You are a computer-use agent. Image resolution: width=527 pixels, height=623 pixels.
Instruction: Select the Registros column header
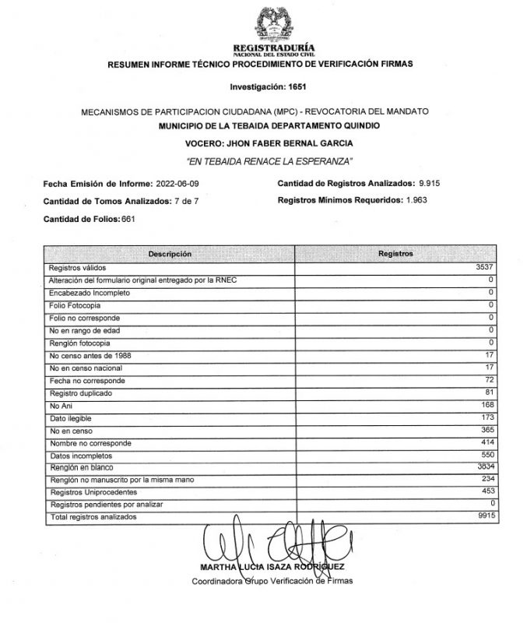click(x=395, y=255)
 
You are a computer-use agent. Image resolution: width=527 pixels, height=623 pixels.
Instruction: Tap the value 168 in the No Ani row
click(x=488, y=406)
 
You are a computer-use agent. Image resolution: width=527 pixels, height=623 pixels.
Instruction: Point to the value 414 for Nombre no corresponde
click(x=488, y=442)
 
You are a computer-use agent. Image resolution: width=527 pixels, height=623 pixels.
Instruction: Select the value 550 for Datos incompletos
click(x=488, y=454)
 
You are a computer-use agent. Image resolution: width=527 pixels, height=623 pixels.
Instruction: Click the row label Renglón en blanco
click(x=79, y=467)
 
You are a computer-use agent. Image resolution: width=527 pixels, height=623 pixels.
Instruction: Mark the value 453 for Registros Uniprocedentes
click(x=488, y=491)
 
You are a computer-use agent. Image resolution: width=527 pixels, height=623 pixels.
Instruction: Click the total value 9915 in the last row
click(x=485, y=516)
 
